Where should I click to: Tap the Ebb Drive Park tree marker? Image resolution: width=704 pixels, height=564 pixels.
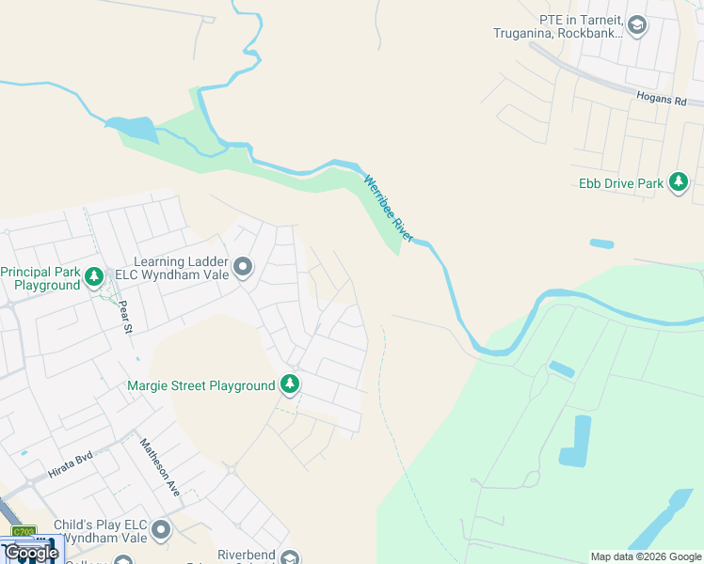point(679,183)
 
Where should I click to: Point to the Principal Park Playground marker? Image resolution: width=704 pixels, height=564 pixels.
point(93,277)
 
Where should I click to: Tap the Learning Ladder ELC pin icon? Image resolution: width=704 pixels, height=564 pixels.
point(243,268)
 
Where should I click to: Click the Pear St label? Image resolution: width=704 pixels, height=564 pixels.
point(125,317)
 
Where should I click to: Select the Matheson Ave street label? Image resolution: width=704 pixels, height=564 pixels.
point(160,467)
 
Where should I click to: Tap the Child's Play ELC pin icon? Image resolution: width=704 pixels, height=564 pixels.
point(161,531)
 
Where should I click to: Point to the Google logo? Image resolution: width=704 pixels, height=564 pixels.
point(31,552)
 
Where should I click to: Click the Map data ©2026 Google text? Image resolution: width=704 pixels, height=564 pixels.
point(646,556)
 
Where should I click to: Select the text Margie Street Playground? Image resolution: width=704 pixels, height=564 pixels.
point(201,385)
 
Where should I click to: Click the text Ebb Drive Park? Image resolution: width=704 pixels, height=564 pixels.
point(621,183)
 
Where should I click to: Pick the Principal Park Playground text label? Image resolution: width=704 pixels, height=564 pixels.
point(40,278)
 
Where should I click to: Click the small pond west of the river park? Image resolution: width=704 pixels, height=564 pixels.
point(131,129)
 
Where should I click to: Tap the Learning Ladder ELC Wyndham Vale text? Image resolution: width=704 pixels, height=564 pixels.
point(181,268)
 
